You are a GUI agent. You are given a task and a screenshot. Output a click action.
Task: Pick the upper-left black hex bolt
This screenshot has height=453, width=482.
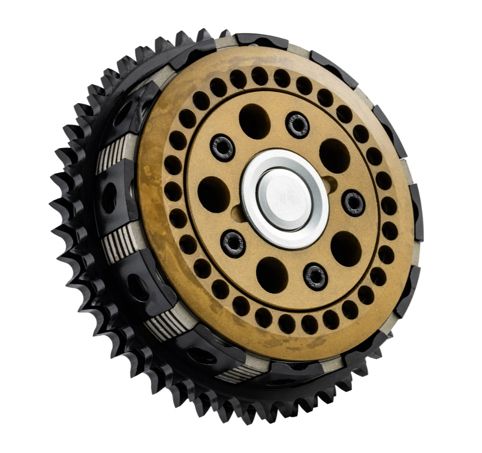point(223,147)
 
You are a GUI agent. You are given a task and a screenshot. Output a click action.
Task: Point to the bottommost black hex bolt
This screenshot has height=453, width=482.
point(316,276)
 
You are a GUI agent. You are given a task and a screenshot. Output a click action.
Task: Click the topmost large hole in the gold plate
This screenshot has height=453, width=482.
point(254,121)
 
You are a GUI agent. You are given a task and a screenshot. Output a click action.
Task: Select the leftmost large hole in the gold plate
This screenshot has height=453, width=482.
point(213,194)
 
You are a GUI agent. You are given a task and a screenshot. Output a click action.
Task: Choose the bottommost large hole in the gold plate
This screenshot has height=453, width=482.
point(272,275)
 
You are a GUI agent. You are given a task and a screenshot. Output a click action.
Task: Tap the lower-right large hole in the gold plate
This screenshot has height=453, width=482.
point(346,249)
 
